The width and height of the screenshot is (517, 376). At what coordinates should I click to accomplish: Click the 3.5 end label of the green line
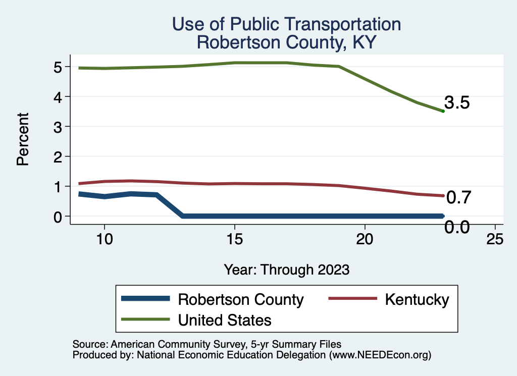click(457, 103)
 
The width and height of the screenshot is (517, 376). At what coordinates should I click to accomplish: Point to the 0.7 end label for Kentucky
click(458, 197)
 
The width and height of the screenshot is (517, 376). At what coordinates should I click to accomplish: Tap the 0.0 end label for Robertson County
click(457, 228)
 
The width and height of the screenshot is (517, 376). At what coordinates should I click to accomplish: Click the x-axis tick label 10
click(104, 239)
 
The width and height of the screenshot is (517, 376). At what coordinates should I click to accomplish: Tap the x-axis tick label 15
click(235, 239)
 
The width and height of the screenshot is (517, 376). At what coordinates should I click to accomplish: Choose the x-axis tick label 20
click(365, 239)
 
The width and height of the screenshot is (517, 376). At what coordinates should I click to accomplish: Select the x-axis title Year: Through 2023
click(287, 270)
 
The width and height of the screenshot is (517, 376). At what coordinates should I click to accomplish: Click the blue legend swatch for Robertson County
click(145, 299)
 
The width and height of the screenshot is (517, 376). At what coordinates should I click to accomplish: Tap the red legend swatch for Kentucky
click(352, 299)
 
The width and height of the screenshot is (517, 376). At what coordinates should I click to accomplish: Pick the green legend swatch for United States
click(145, 319)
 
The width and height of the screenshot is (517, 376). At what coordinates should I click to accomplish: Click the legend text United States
click(225, 319)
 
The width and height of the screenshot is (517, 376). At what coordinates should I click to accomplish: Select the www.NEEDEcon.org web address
click(380, 355)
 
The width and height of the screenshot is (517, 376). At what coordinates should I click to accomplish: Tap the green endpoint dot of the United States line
click(443, 111)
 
